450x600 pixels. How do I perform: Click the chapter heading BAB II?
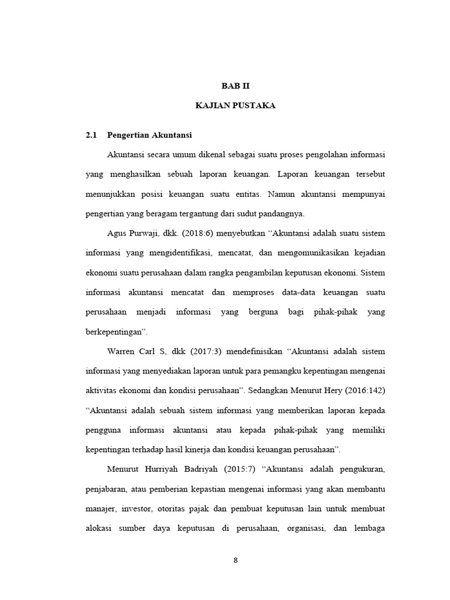coord(236,85)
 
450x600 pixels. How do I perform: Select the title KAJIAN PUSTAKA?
coord(236,105)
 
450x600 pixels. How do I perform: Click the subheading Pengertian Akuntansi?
coord(149,135)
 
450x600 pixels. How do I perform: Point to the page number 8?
coord(236,560)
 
